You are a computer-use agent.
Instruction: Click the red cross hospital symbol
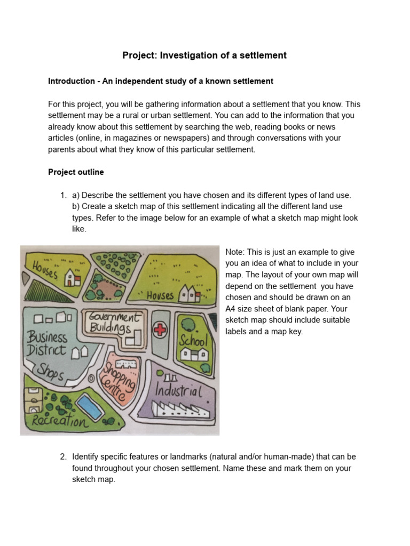tap(159, 330)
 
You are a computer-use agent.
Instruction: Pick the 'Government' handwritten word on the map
tap(113, 316)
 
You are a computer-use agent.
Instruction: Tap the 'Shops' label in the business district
tap(50, 372)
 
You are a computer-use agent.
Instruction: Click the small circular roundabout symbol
tap(91, 378)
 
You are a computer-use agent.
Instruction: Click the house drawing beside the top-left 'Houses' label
tap(72, 277)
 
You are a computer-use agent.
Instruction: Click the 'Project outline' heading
tap(76, 172)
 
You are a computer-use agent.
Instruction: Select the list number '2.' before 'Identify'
tap(63, 457)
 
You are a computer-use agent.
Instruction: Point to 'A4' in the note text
tap(232, 308)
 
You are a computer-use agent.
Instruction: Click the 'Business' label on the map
tap(48, 337)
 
